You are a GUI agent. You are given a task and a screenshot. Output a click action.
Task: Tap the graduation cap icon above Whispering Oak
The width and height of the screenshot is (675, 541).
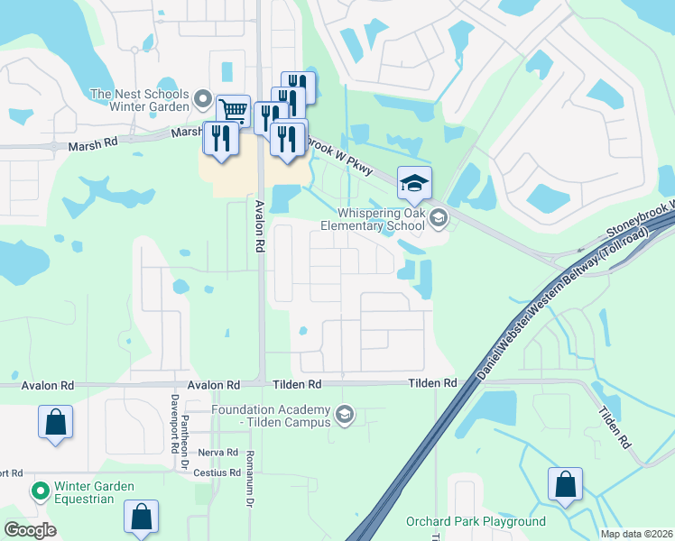(415, 184)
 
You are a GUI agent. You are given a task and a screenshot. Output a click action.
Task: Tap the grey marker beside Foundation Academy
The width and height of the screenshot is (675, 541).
(344, 415)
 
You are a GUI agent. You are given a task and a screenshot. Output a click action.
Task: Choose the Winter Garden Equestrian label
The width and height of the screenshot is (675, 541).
(94, 492)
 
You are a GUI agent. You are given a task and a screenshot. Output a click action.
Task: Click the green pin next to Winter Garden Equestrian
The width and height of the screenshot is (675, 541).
(40, 492)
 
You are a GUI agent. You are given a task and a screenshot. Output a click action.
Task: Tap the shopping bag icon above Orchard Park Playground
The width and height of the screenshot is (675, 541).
(565, 484)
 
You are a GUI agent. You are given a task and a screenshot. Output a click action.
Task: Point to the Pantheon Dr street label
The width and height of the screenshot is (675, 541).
(184, 433)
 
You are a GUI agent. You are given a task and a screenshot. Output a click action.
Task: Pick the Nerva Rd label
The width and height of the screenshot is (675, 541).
(218, 453)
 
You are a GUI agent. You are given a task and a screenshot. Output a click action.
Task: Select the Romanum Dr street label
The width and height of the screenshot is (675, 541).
(250, 478)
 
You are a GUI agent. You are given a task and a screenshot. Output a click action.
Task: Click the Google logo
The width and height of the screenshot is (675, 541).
(31, 530)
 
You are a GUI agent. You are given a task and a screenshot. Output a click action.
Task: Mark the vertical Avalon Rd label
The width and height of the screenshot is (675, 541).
(259, 225)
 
